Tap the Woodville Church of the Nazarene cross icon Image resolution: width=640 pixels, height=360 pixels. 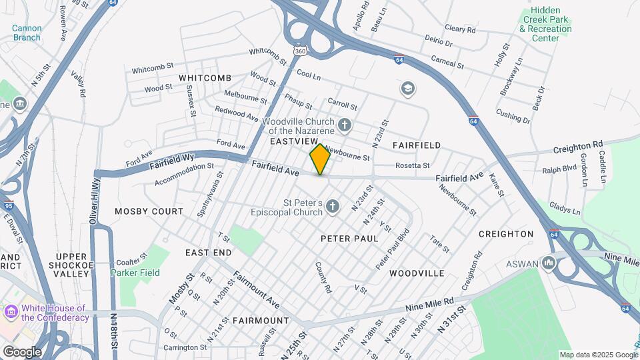coord(345,125)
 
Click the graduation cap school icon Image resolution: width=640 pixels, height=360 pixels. coord(407,88)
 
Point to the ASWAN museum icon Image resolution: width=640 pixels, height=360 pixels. coord(549,263)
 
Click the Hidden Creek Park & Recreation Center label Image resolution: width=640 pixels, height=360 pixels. coord(545,25)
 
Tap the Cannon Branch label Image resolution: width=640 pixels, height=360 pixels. coord(27,33)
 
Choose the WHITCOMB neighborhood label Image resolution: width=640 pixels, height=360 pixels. coord(205,78)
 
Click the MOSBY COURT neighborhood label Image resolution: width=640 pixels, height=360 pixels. coord(149,211)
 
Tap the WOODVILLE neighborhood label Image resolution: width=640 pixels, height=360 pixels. coord(417,273)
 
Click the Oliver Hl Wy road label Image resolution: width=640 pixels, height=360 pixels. coord(95,197)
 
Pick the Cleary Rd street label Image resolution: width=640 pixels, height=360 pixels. coord(460,29)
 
